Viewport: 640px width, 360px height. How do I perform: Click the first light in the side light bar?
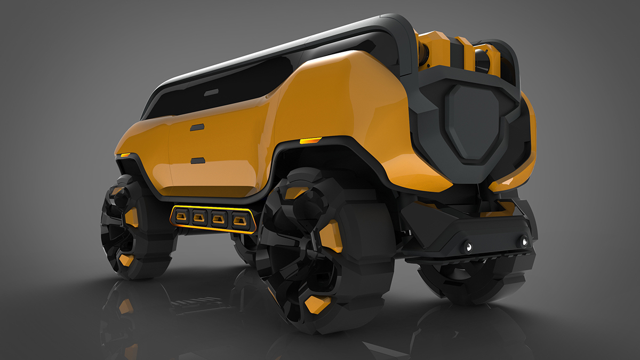[182, 215]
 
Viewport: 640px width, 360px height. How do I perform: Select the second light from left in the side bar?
[200, 217]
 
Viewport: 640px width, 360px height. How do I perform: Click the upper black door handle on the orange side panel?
[197, 127]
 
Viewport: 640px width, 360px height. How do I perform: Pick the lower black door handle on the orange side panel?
[198, 161]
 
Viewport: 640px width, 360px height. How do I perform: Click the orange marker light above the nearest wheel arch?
[310, 141]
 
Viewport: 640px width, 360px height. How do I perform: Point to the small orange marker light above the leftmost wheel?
[125, 155]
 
